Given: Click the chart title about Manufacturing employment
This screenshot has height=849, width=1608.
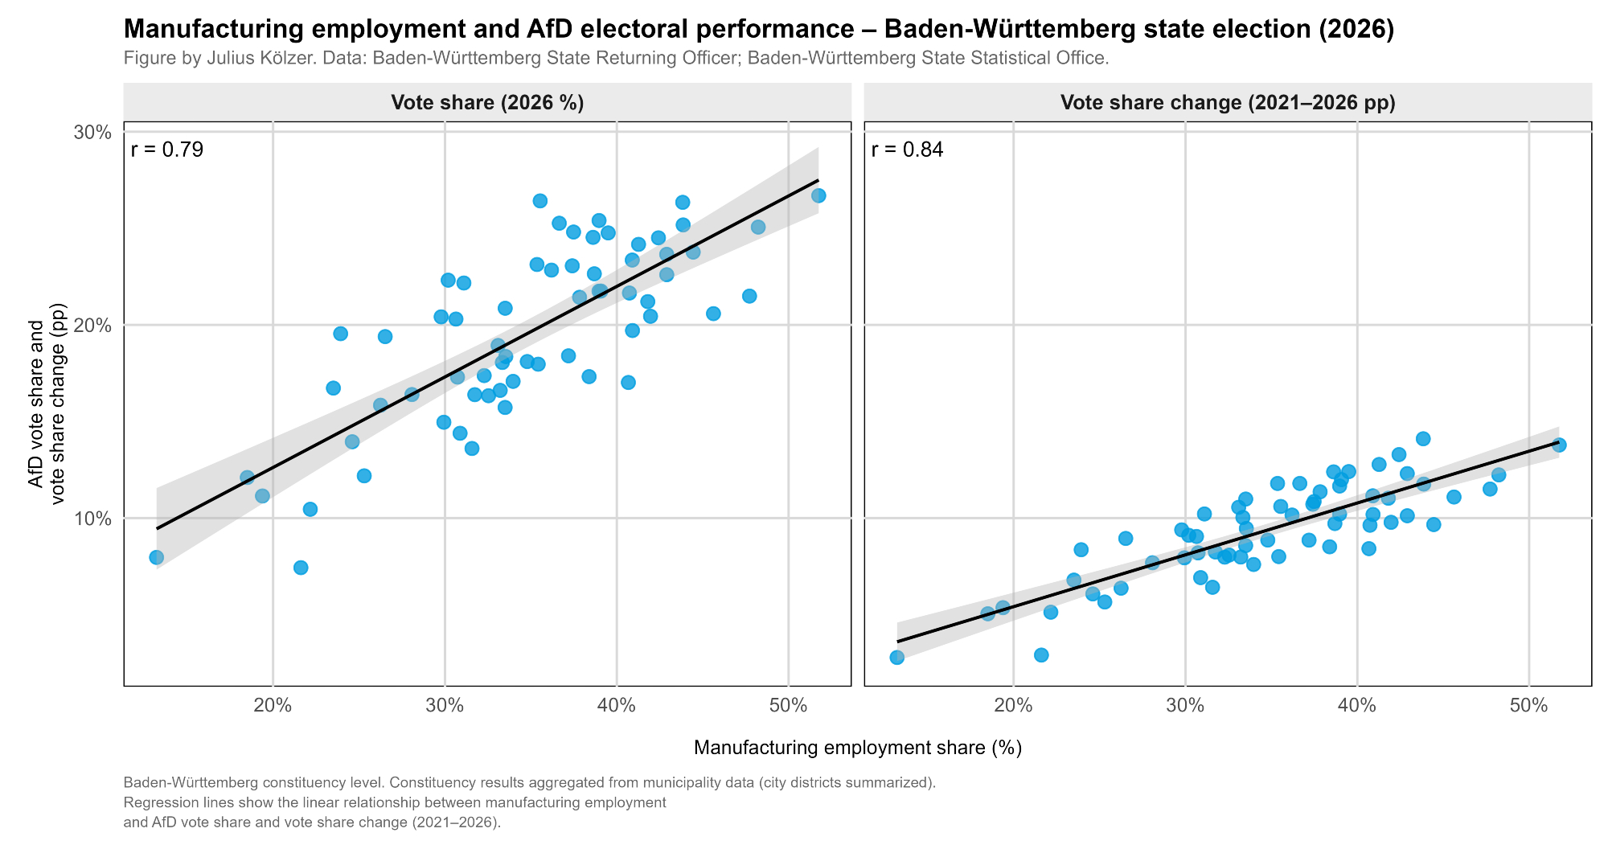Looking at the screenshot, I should (758, 30).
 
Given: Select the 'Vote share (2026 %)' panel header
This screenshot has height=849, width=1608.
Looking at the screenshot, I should (487, 103).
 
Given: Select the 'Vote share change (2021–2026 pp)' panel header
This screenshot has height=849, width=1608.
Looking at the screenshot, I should (1228, 103).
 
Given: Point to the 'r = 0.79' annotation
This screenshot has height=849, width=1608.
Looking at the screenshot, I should (166, 150).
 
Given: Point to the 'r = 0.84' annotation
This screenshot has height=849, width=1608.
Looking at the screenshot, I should (907, 150).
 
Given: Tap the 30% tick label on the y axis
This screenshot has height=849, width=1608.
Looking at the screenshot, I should (92, 132).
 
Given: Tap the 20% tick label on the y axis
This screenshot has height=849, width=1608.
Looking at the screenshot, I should (92, 326).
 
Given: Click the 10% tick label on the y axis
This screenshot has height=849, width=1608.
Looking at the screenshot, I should (92, 519).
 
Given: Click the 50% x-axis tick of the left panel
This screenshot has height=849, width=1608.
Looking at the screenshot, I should (788, 706).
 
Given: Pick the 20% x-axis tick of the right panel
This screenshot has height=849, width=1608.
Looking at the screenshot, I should (1014, 706).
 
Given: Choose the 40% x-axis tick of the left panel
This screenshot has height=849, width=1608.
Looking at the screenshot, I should (617, 706).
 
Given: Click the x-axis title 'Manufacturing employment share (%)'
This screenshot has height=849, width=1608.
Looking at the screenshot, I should (857, 749).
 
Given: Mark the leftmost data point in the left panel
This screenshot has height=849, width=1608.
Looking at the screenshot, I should (156, 557).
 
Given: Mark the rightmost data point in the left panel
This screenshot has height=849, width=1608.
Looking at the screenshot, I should (818, 195).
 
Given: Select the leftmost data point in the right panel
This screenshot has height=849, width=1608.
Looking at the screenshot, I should (897, 658).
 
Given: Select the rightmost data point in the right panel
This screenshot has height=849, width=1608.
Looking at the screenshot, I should (1559, 445).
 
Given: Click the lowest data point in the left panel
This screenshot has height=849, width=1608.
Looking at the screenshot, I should (301, 568).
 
